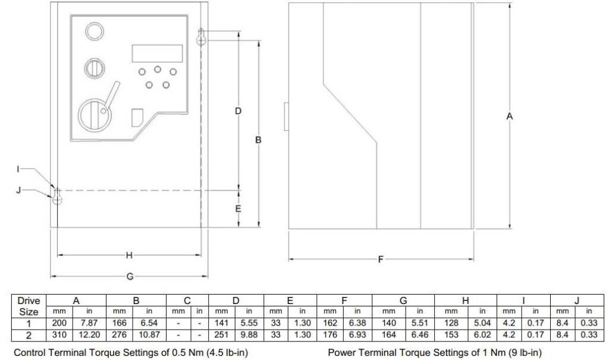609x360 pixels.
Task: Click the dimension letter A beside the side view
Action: (510, 116)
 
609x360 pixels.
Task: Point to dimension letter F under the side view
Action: (381, 259)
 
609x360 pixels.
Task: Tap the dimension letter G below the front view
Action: (130, 277)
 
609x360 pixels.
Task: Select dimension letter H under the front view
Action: (129, 255)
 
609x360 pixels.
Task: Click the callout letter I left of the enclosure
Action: (18, 169)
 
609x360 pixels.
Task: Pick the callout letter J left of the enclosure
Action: (18, 190)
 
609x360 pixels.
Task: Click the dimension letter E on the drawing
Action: (238, 209)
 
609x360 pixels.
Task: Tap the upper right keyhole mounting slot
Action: (201, 36)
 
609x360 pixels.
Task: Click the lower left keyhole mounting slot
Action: (57, 196)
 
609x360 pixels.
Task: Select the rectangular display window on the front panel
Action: (157, 54)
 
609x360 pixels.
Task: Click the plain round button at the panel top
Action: (95, 31)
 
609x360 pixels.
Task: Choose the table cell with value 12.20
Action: (89, 335)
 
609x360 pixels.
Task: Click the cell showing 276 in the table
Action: (119, 335)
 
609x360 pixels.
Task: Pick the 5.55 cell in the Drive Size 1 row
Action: (249, 323)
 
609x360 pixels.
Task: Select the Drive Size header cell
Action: (29, 306)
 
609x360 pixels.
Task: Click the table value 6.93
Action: (357, 335)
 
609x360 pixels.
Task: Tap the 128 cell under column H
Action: (451, 323)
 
